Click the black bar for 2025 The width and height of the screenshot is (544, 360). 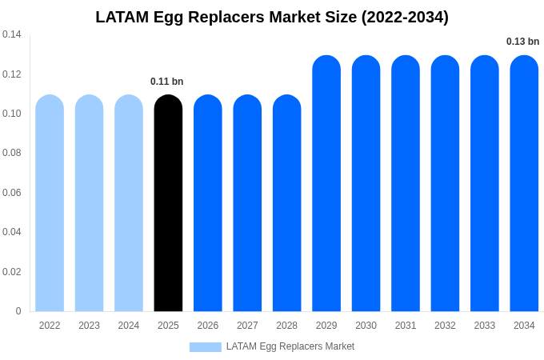(x=168, y=203)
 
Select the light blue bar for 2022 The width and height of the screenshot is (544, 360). (x=50, y=203)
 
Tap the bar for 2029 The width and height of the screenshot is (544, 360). (x=326, y=183)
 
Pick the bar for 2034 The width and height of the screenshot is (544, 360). (x=524, y=183)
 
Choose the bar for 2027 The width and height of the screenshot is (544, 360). (x=247, y=203)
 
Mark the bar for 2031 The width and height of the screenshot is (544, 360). (x=406, y=183)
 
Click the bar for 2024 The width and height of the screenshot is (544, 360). (x=129, y=203)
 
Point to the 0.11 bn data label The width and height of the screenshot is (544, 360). (x=167, y=82)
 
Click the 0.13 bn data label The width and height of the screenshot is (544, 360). (x=522, y=42)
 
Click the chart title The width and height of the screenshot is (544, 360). (x=272, y=17)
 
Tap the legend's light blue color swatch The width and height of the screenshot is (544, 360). (x=205, y=347)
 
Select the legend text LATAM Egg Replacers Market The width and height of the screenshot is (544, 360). (x=290, y=346)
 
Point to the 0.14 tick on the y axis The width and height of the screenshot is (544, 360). (x=12, y=34)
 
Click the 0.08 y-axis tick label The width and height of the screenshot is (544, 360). (x=12, y=153)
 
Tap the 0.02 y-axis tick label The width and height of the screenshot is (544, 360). (x=12, y=272)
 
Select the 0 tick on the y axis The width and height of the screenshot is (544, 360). (x=18, y=311)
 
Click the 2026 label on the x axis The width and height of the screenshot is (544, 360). (x=208, y=326)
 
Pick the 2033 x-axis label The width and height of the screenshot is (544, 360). (x=485, y=326)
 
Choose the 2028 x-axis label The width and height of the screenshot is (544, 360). (x=287, y=326)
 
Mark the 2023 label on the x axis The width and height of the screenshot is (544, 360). (x=89, y=326)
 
